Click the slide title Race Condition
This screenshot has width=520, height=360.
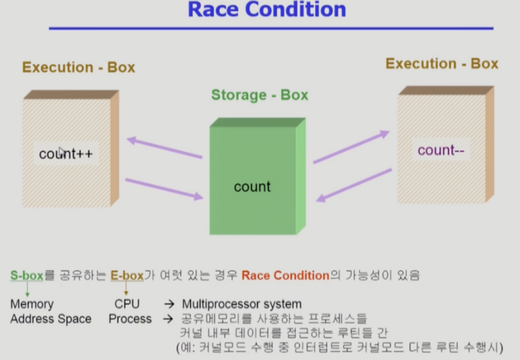(x=267, y=9)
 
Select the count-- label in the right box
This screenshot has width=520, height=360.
(x=440, y=150)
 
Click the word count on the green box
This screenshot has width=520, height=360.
(x=252, y=187)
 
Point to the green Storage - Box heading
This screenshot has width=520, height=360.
(x=259, y=95)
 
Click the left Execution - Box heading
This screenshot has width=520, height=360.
(x=78, y=67)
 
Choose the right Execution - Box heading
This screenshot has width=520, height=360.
(x=442, y=63)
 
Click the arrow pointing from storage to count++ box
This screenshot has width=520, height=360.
(x=164, y=147)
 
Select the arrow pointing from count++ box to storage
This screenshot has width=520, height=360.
(x=164, y=188)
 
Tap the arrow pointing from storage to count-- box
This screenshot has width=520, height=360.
(x=351, y=147)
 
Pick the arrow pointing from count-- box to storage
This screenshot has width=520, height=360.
(x=356, y=185)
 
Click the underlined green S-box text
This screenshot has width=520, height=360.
(x=26, y=276)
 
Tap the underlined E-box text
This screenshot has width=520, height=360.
(x=127, y=276)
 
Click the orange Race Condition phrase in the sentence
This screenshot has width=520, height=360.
(x=285, y=276)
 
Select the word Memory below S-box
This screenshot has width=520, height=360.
(x=32, y=304)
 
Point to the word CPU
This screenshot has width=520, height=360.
(x=127, y=304)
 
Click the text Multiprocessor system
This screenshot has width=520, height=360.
(x=242, y=304)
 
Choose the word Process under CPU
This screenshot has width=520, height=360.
(x=130, y=319)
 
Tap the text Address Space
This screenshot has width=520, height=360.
(x=51, y=319)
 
